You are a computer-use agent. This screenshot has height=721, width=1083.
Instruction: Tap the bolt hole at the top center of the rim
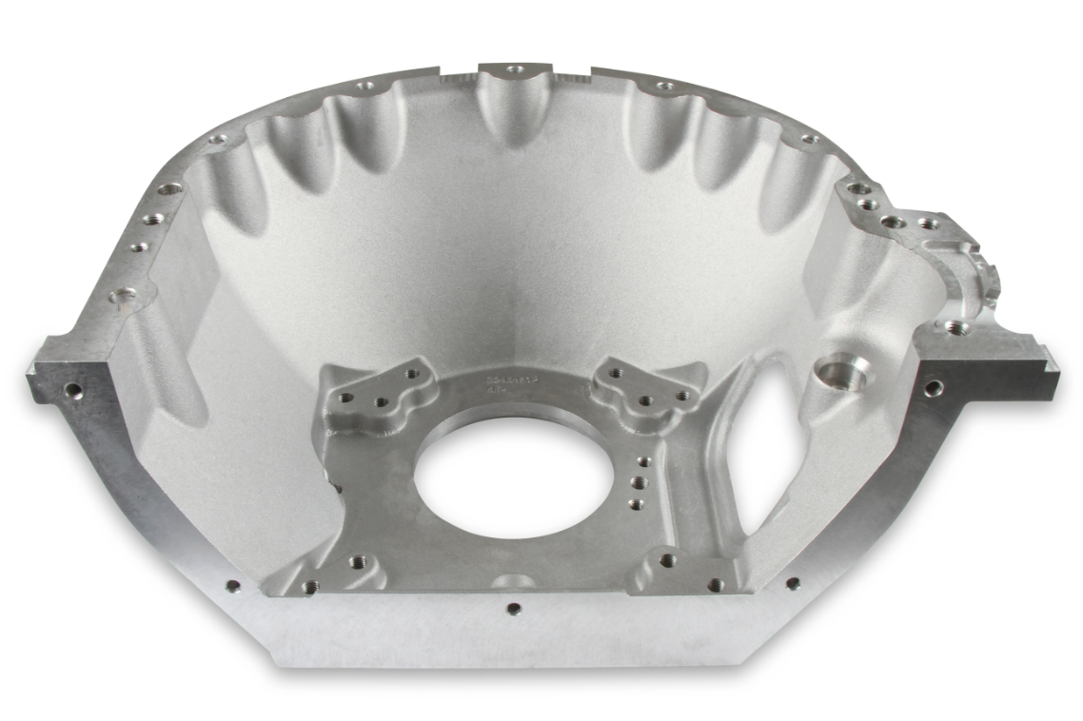[x=515, y=69]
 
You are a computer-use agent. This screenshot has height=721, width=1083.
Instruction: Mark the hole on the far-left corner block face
[x=72, y=389]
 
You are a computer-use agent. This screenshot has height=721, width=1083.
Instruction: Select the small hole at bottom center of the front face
[x=513, y=609]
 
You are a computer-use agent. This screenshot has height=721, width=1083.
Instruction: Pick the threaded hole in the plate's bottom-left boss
[x=358, y=562]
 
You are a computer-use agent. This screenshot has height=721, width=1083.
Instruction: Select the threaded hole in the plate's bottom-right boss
[x=668, y=561]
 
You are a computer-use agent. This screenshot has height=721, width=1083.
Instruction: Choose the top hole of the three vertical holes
[x=645, y=462]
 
